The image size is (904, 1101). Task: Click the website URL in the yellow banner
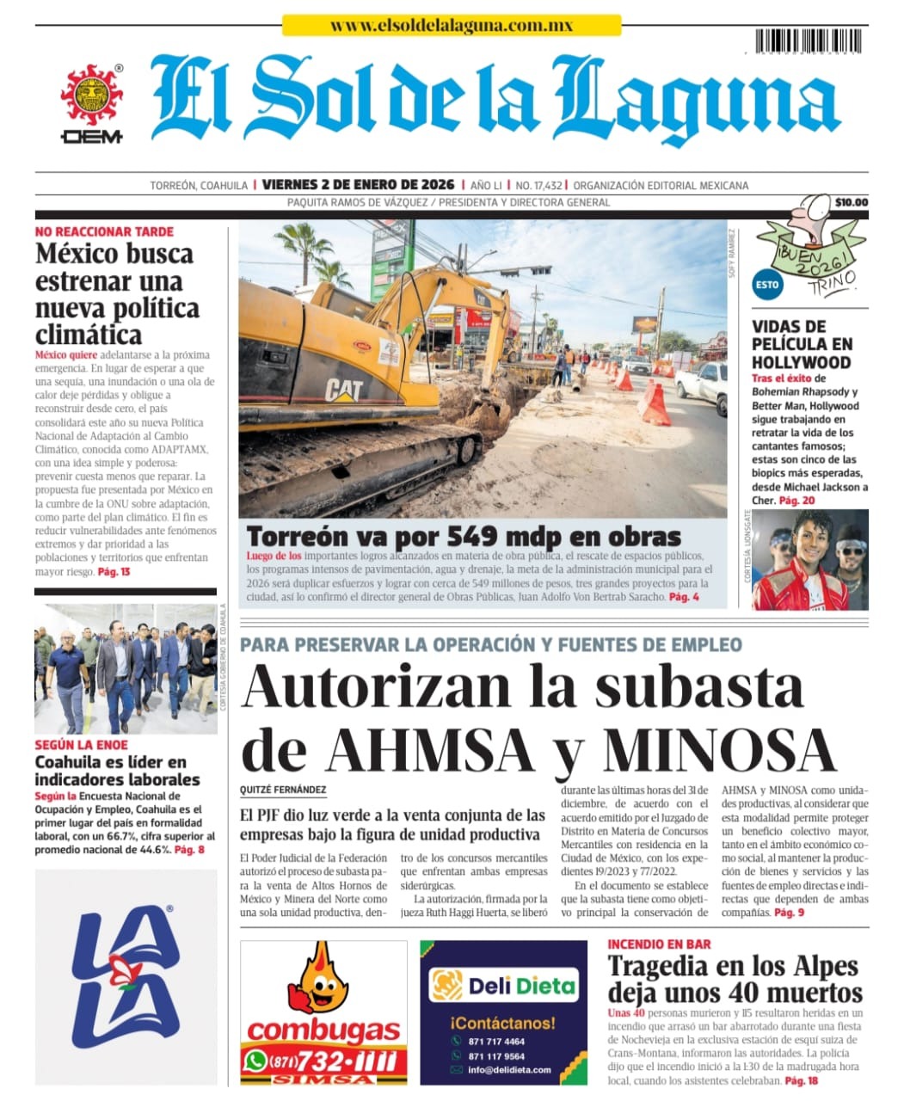pos(452,26)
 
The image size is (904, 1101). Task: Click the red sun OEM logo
pos(91,96)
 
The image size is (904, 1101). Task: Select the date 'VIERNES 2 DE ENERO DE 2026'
pos(358,185)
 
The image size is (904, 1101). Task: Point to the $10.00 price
pos(851,203)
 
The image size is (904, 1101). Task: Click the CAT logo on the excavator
pos(344,391)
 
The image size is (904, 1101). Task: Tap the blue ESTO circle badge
pos(766,285)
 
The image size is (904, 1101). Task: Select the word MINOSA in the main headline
pos(719,749)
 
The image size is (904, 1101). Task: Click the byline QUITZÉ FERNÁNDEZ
pos(283,790)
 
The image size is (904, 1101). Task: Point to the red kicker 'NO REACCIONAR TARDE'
pos(104,231)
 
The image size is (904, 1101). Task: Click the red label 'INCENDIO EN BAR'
pos(659,944)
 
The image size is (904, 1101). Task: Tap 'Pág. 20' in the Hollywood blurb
pos(796,500)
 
